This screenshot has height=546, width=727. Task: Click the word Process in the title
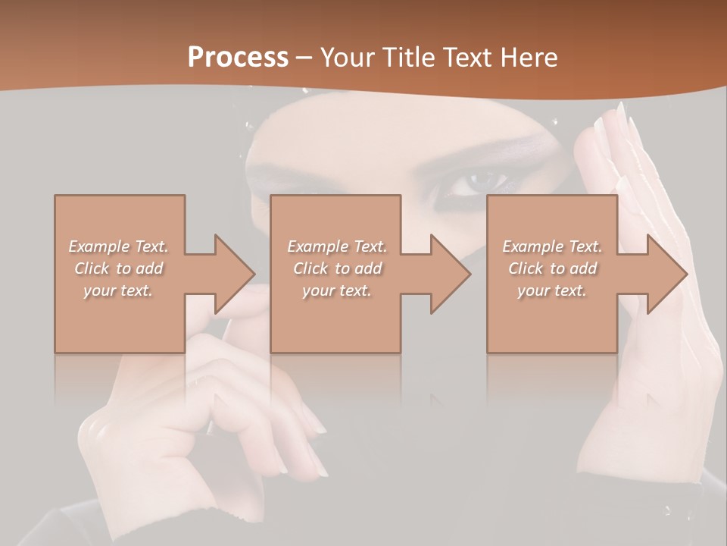238,57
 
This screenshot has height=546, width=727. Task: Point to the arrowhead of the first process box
236,274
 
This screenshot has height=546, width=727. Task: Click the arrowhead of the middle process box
451,274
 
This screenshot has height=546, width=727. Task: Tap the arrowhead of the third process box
667,274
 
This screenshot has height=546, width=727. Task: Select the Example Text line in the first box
118,246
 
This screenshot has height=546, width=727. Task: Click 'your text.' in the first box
118,290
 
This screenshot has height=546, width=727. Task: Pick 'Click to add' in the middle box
337,268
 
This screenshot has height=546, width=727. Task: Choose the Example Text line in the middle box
337,246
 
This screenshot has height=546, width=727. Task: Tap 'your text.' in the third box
552,290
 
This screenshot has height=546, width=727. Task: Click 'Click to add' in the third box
552,268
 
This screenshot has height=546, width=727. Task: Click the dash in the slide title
304,58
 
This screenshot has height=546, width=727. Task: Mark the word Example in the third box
532,246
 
